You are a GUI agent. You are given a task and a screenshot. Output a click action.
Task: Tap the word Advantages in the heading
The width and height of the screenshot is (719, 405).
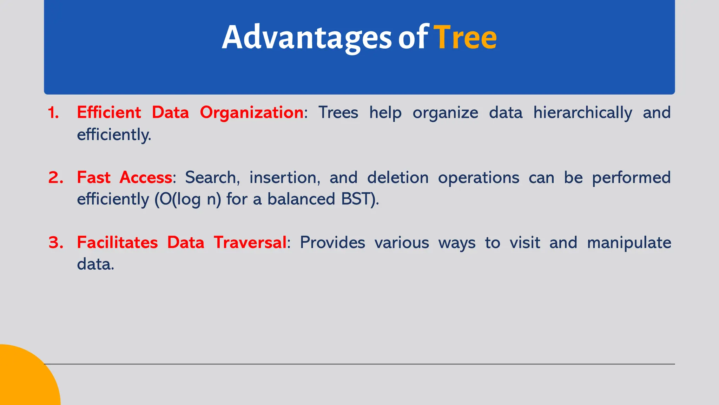(x=306, y=38)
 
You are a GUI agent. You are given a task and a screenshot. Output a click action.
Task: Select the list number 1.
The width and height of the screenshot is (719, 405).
(x=53, y=113)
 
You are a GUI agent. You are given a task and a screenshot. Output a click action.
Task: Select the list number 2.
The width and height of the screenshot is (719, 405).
(x=56, y=178)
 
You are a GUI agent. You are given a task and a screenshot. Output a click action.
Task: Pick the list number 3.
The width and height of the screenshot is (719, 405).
(x=56, y=243)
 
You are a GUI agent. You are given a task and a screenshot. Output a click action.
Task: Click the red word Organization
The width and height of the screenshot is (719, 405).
(x=251, y=113)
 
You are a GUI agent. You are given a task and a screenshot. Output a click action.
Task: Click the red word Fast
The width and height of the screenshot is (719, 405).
(x=93, y=178)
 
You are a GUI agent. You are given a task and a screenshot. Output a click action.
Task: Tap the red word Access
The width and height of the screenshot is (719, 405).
(x=146, y=178)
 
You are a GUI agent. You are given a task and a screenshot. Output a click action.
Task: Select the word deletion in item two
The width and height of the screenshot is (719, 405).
(x=397, y=178)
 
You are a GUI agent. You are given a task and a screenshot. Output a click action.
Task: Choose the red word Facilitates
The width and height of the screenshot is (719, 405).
(x=117, y=243)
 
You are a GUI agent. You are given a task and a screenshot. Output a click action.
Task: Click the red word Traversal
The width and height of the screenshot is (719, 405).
(x=250, y=243)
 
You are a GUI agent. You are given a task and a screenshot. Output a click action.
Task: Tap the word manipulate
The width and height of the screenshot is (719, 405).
(x=629, y=243)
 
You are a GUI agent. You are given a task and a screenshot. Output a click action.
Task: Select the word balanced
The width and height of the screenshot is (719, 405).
(x=301, y=199)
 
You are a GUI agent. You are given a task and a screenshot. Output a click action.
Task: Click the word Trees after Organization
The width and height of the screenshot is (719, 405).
(x=338, y=113)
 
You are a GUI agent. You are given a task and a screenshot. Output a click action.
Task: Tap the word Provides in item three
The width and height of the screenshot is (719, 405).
(x=332, y=243)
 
